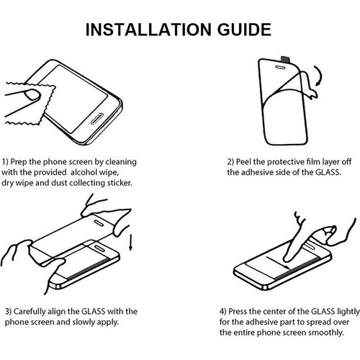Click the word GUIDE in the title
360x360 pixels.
click(244, 30)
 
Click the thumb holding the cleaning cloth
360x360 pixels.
click(32, 94)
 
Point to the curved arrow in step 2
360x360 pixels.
click(320, 76)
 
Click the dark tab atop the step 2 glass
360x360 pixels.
click(285, 59)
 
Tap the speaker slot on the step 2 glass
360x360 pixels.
click(280, 68)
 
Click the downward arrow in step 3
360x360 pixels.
click(130, 243)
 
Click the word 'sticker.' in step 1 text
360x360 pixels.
click(120, 183)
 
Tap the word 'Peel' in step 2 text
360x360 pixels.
click(244, 162)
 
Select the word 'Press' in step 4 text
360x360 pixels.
click(238, 312)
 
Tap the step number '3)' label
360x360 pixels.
click(9, 312)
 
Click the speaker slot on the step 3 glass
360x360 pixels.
click(99, 223)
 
